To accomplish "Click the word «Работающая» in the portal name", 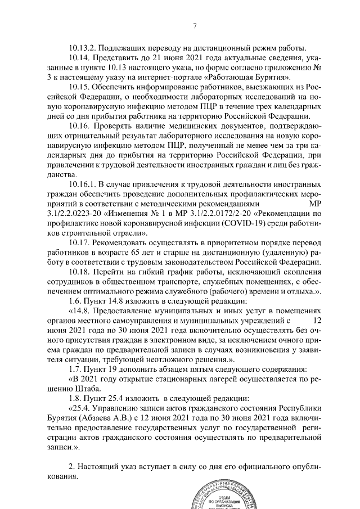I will point(231,76).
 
